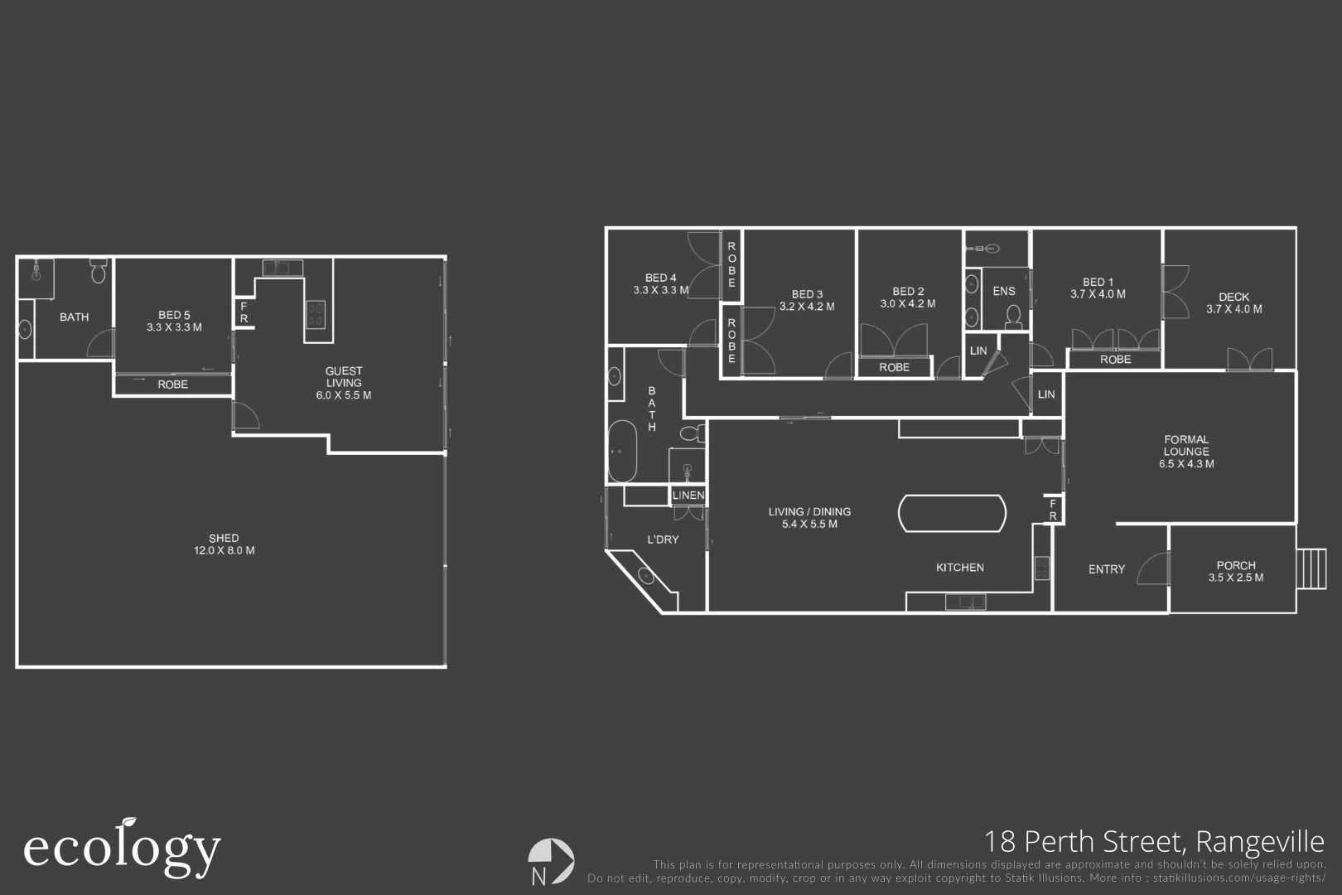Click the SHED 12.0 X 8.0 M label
pos(224,544)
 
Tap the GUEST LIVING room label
pos(343,383)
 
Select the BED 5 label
pos(174,321)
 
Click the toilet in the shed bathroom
pos(98,271)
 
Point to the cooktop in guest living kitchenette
pos(316,314)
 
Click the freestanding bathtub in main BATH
pos(622,452)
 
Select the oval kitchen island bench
pos(952,514)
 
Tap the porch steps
pos(1311,568)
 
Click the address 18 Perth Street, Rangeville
pos(1153,842)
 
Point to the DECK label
pos(1233,302)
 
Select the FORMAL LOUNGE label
pos(1185,452)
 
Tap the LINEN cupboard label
pos(688,496)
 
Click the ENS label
pos(1003,291)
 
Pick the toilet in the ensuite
pos(1012,316)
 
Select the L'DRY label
pos(662,539)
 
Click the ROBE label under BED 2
pos(894,367)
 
